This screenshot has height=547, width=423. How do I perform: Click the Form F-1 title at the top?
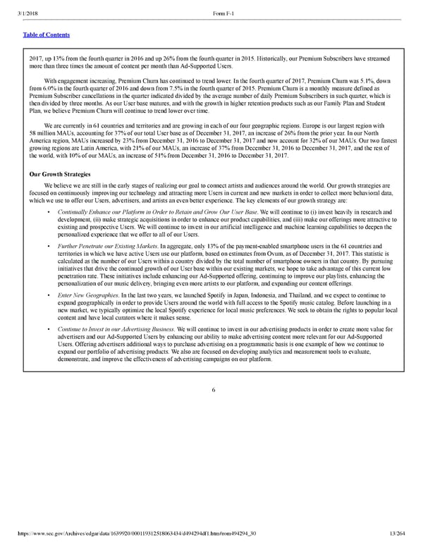[223, 7]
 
